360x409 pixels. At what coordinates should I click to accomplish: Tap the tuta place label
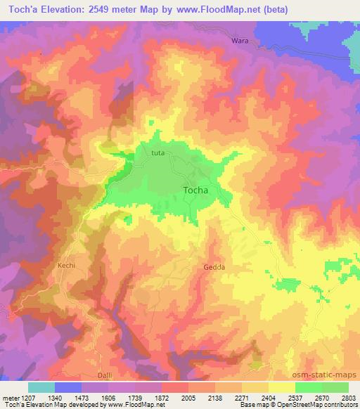[157, 152]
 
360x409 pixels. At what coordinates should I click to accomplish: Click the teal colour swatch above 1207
[41, 387]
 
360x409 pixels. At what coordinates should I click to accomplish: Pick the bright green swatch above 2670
[310, 387]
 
